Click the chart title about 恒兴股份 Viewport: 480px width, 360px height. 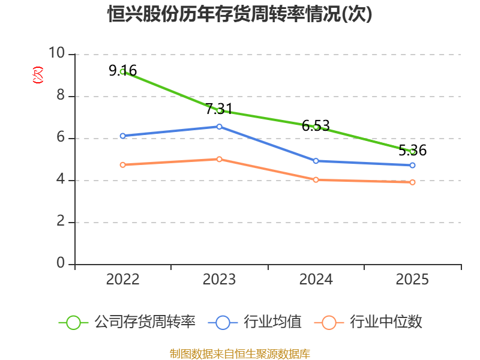[239, 14]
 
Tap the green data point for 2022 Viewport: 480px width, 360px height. [123, 71]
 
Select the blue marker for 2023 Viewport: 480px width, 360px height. [219, 127]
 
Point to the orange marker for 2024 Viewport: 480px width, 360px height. [316, 179]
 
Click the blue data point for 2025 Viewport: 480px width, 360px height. [412, 166]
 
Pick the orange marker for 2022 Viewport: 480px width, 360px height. [123, 165]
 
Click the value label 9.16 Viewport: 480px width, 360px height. [123, 70]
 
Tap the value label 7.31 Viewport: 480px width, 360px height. [219, 109]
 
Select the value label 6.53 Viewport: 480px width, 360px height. [316, 125]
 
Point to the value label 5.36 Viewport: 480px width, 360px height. [412, 150]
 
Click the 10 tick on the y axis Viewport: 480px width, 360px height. [57, 53]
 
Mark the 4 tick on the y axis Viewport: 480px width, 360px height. [61, 179]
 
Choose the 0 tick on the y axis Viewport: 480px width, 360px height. [61, 263]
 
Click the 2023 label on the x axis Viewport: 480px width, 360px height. [219, 280]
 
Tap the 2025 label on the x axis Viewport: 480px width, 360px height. [412, 280]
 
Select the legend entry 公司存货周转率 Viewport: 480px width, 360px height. [127, 322]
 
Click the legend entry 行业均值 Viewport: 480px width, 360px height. [254, 322]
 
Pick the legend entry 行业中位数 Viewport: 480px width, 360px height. [368, 322]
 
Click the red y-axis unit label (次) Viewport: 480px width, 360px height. [38, 75]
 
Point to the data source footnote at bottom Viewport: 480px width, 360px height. [240, 354]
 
